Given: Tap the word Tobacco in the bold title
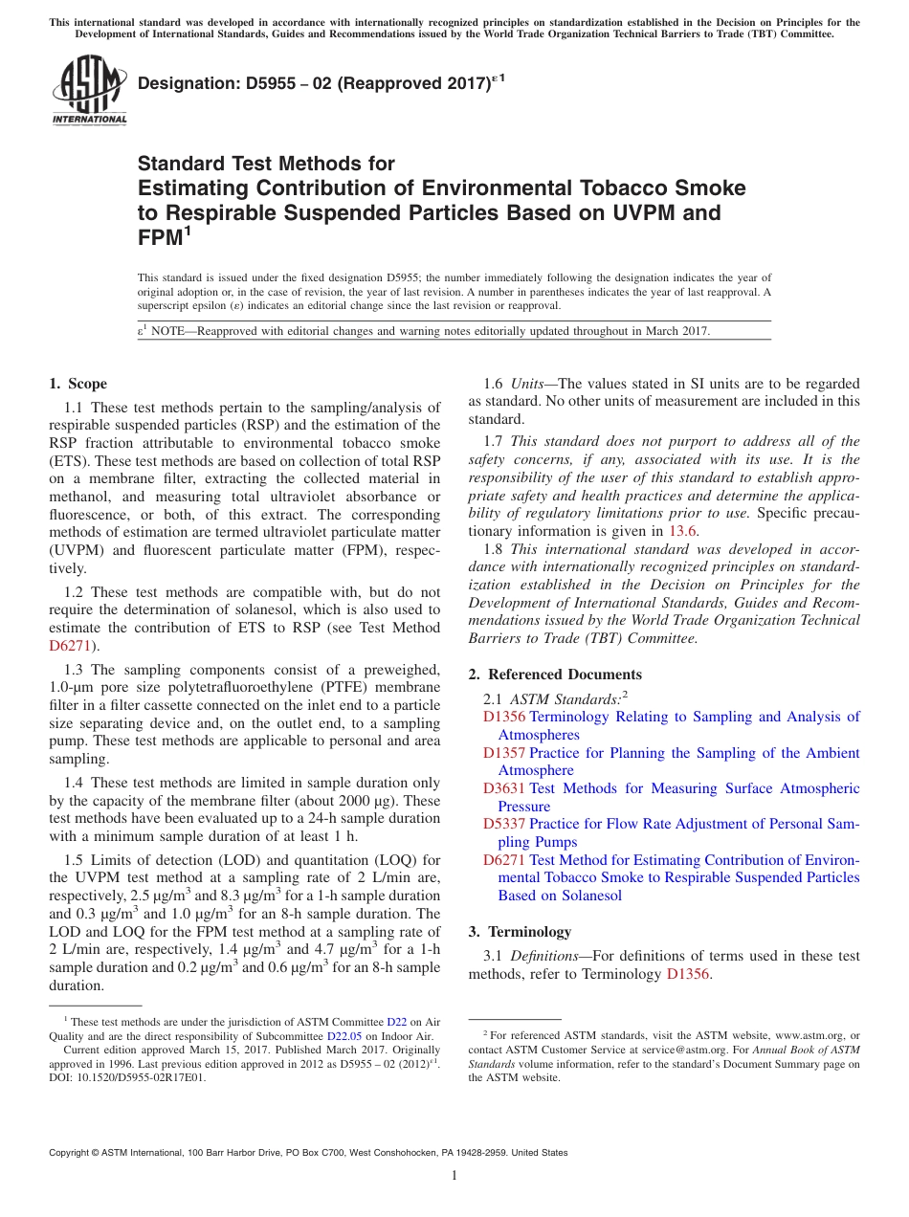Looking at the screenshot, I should pos(621,188).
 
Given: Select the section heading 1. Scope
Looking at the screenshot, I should pos(78,384).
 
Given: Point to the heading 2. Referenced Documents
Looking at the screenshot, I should pos(555,675).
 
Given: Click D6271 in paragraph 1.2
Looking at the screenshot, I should pos(68,646).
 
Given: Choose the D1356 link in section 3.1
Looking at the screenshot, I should pos(689,974).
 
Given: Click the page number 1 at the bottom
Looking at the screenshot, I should pos(454,1176).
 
